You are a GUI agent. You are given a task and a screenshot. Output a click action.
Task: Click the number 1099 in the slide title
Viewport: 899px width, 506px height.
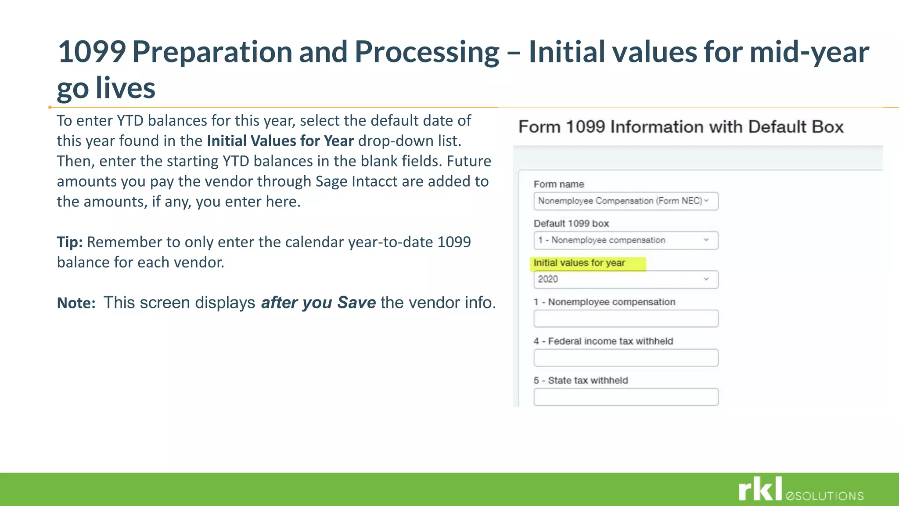(x=92, y=52)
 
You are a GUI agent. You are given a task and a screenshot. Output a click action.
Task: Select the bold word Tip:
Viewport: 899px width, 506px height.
(x=69, y=242)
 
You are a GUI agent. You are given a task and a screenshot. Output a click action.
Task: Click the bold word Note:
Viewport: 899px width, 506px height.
(x=76, y=303)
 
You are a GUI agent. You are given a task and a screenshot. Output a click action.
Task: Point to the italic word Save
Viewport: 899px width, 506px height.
(x=356, y=303)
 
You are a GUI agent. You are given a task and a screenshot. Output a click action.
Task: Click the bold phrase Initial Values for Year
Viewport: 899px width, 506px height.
(x=280, y=141)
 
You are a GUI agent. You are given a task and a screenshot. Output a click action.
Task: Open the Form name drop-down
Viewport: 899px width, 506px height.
(x=626, y=201)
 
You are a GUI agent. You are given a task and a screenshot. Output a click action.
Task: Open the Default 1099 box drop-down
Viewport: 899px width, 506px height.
(x=626, y=240)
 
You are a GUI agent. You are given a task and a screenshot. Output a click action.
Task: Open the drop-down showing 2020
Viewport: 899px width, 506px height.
(x=626, y=279)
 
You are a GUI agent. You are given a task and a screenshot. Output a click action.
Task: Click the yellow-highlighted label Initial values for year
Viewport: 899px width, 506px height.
(x=579, y=263)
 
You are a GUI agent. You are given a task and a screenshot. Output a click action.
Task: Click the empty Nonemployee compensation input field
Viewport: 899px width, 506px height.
(x=626, y=318)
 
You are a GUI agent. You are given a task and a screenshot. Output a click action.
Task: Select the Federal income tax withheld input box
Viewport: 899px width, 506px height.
(x=626, y=358)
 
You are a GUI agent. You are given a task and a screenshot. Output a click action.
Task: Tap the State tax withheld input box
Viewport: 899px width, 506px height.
(x=626, y=397)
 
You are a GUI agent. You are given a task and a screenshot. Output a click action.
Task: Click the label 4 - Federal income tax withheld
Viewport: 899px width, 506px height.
(x=603, y=341)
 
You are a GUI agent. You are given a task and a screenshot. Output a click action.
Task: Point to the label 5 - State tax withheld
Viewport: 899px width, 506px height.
(x=581, y=380)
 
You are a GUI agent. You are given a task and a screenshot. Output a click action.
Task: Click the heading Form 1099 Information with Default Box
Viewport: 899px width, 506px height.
(x=681, y=127)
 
